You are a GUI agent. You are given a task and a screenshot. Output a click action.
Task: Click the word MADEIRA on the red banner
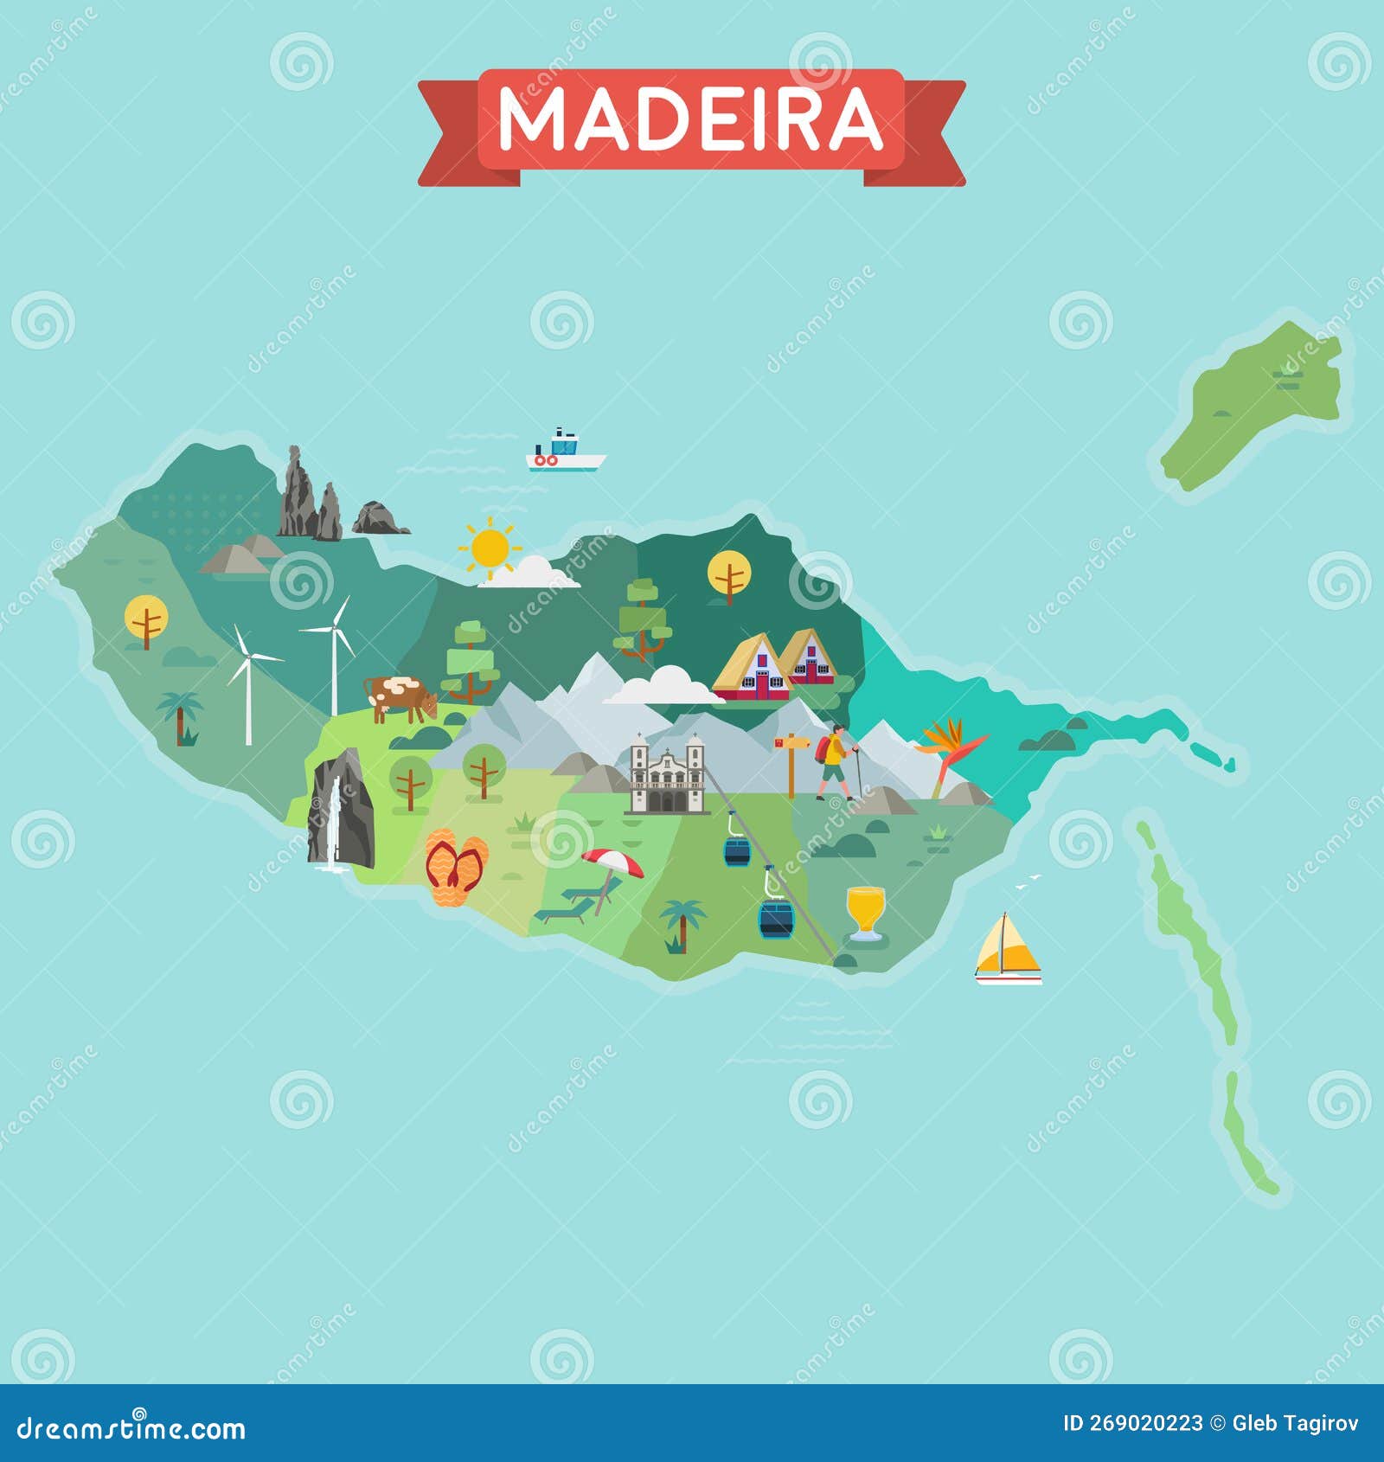point(691,121)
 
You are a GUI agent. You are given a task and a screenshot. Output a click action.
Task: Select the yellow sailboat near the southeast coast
point(1007,949)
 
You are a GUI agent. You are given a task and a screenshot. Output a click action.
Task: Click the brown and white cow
point(400,697)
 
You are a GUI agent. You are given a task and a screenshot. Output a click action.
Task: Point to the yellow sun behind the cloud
point(490,548)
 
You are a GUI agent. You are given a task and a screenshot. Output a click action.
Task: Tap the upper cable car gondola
point(736,850)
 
